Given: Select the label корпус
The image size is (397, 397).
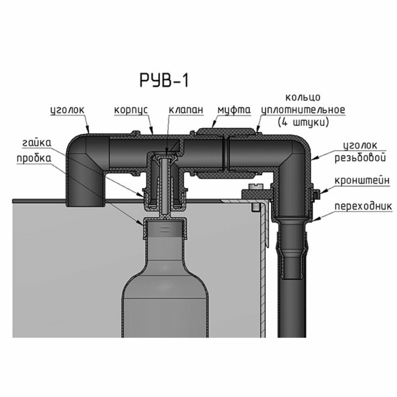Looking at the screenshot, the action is click(x=131, y=110).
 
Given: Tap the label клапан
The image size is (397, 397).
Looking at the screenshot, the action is click(x=186, y=110).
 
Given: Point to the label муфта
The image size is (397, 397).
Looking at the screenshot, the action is click(x=234, y=110).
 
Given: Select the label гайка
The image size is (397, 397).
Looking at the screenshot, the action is click(x=36, y=143).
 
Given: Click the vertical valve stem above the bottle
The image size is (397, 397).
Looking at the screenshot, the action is click(x=165, y=186).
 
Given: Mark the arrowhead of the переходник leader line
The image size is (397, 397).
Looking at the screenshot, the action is click(x=315, y=220).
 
